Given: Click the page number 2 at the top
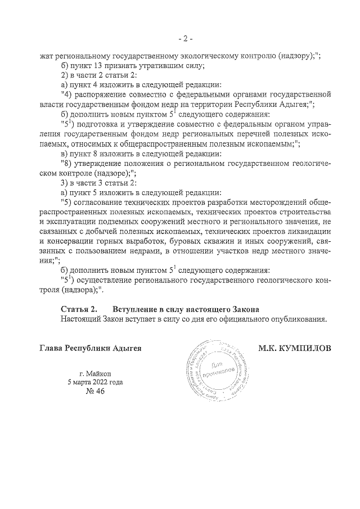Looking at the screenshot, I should [185, 39].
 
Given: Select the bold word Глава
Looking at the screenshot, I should [52, 348].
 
